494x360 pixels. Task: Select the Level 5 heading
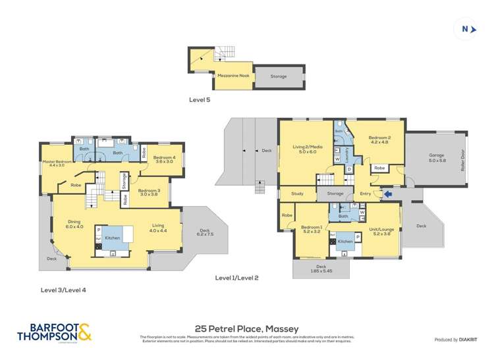(x=200, y=100)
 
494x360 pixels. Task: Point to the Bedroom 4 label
(x=163, y=159)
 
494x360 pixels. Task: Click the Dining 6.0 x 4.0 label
(x=74, y=224)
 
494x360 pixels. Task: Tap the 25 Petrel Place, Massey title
(x=247, y=328)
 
